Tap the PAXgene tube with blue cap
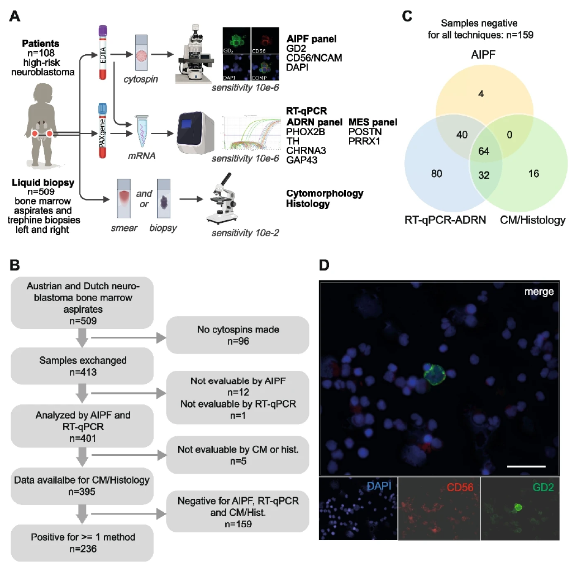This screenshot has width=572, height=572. (102, 131)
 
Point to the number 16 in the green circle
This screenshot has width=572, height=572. (533, 174)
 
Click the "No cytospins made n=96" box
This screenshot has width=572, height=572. (238, 335)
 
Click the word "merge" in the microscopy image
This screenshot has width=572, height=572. (539, 292)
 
